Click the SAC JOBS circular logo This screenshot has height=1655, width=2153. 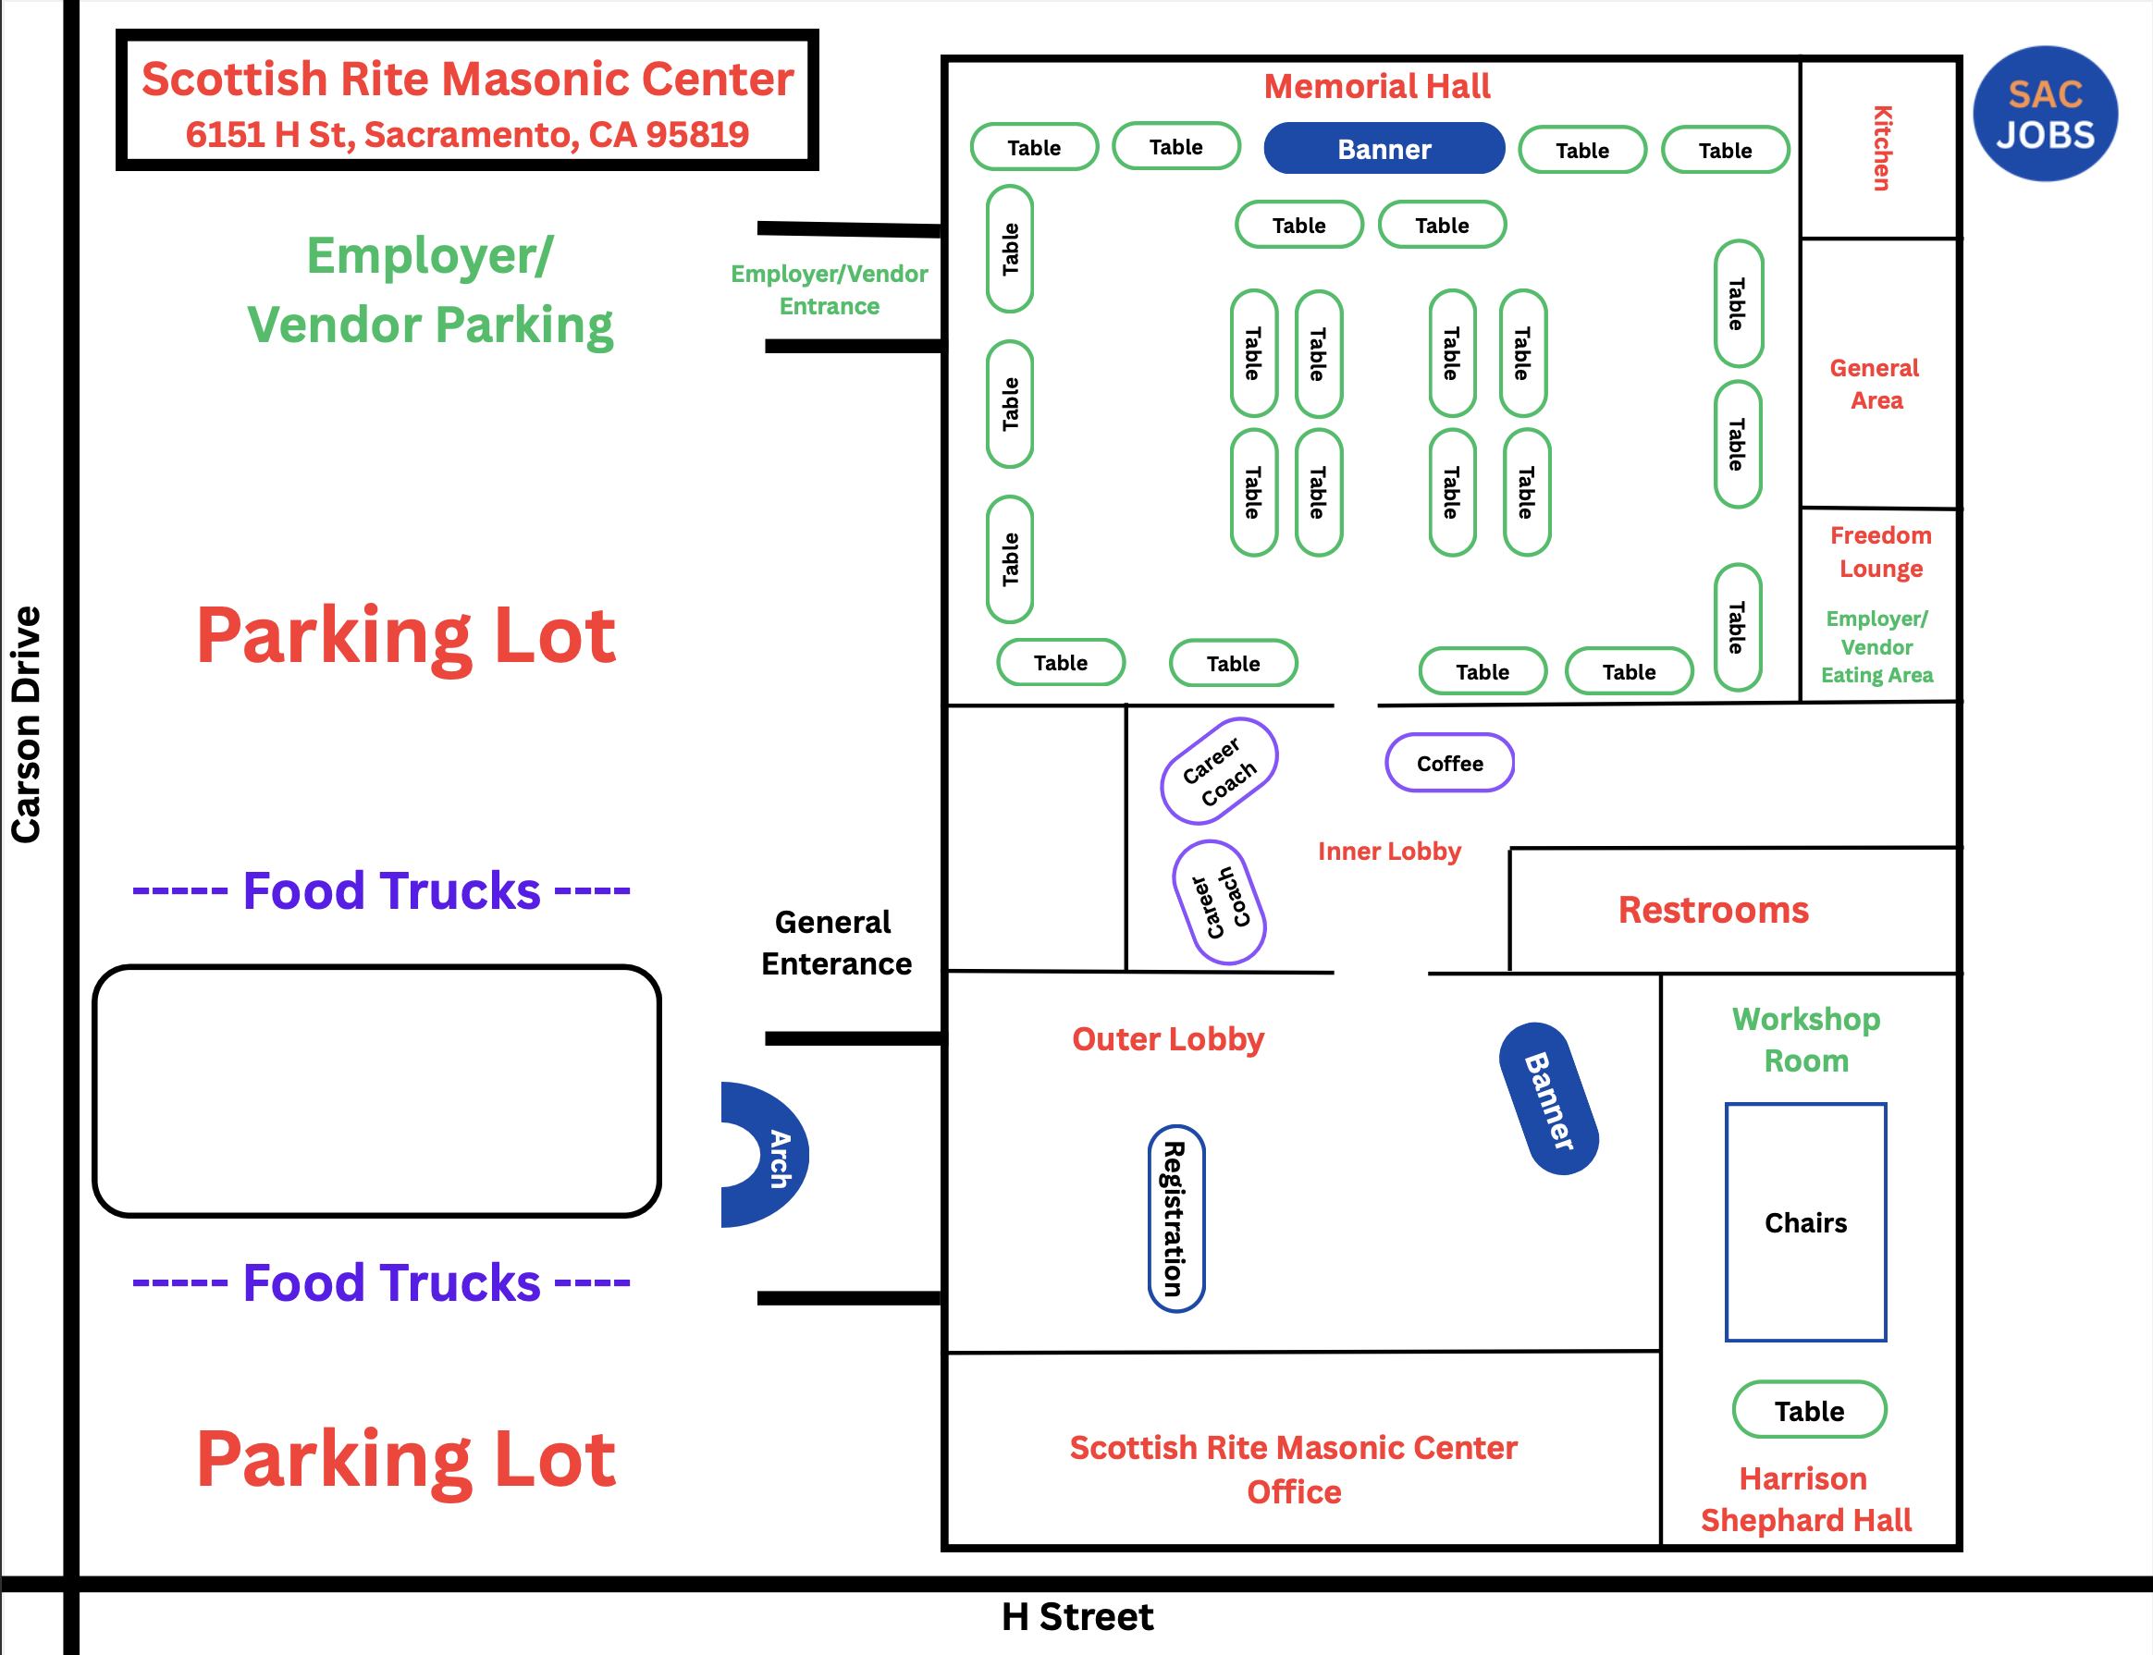(2046, 114)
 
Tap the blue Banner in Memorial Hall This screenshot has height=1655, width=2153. (1384, 149)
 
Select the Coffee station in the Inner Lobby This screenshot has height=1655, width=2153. (1449, 763)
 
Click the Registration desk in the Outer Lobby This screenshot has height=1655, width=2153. (1176, 1219)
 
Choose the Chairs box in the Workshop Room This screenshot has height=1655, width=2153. (1805, 1222)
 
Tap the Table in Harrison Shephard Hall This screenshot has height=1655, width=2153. (1809, 1410)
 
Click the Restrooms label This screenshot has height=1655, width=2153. (1714, 909)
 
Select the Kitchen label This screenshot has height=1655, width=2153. (1882, 148)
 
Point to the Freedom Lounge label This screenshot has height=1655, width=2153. (1880, 552)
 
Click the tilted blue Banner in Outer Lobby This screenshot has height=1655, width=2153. (1548, 1098)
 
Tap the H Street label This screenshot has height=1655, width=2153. (1077, 1616)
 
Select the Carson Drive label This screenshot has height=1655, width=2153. (26, 724)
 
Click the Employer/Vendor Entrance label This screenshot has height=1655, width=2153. (829, 289)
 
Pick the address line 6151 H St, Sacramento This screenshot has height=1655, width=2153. (467, 134)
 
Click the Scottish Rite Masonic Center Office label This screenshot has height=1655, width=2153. (1294, 1469)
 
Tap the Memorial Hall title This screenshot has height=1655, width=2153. (1376, 87)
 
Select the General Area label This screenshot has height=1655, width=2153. (1876, 385)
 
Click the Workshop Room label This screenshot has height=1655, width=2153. (1806, 1039)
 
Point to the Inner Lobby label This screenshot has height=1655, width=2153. (1389, 852)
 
